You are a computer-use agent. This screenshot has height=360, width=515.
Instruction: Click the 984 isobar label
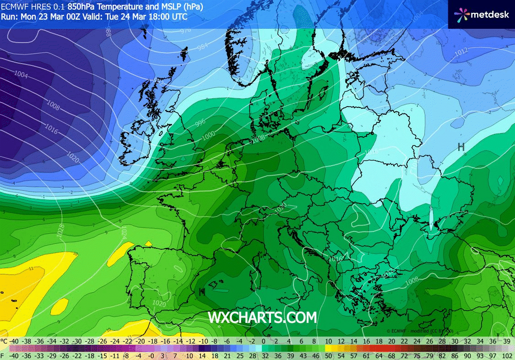click(202, 47)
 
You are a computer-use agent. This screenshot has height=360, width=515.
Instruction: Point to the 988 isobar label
click(108, 32)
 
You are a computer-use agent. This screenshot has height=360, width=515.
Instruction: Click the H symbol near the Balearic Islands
click(202, 291)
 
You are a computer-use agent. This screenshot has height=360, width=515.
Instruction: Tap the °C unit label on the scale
click(4, 341)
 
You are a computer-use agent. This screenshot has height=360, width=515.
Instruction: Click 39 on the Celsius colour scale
click(507, 341)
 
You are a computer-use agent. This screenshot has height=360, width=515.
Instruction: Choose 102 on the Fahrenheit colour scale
click(506, 355)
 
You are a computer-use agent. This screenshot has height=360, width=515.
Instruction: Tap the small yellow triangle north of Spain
click(148, 244)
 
